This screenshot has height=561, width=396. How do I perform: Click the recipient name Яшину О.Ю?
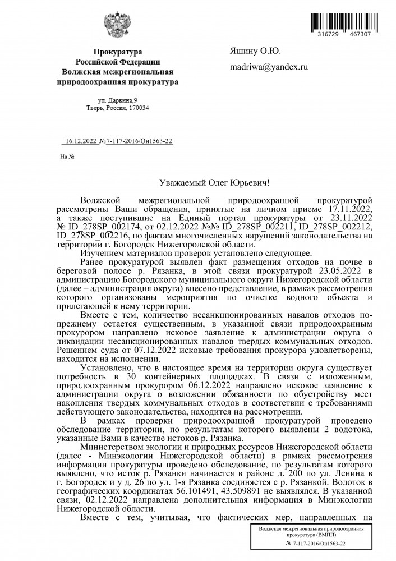tap(255, 51)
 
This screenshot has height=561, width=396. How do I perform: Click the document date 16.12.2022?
tap(82, 142)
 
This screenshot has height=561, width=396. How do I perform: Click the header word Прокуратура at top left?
tap(118, 51)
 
